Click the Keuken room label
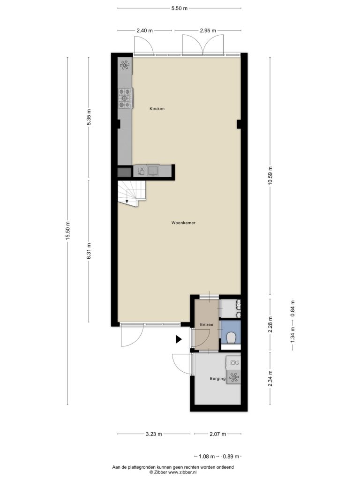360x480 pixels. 157,109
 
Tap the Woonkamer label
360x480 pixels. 183,223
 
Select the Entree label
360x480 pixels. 207,324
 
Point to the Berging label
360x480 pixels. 217,379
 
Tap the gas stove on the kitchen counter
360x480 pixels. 126,98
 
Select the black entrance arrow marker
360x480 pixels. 179,339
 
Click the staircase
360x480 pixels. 132,193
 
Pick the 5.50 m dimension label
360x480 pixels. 180,8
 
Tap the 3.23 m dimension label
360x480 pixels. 154,434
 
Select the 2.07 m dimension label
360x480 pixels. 217,434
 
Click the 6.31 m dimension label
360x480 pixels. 89,251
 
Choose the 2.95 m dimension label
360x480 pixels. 208,30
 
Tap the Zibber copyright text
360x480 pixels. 173,472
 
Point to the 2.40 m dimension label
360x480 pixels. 144,30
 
